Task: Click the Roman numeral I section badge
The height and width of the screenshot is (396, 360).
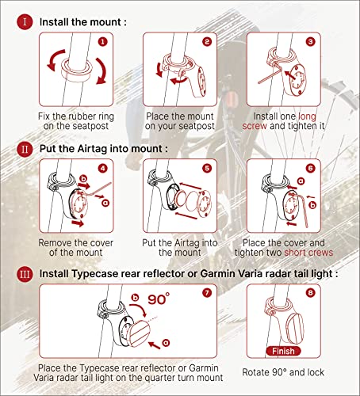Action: (25, 22)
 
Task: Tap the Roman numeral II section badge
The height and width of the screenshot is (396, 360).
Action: (25, 149)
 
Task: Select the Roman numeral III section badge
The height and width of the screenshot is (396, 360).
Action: (25, 274)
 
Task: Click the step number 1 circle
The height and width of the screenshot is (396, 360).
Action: (102, 42)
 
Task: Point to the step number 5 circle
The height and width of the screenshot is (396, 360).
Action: (207, 168)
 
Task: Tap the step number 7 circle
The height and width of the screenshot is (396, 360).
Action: (207, 293)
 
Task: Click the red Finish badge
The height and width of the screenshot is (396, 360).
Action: (283, 351)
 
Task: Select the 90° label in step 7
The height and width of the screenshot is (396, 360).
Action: (159, 299)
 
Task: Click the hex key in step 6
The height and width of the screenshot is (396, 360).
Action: (301, 208)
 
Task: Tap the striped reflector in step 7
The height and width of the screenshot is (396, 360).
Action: (139, 333)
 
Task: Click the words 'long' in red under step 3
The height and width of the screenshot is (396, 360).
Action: (307, 116)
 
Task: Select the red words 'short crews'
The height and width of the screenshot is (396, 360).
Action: (308, 253)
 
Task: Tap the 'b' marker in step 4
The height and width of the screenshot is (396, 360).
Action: (83, 179)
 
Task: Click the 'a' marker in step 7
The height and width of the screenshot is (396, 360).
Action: (166, 342)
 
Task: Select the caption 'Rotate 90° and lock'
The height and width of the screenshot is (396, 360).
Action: (283, 372)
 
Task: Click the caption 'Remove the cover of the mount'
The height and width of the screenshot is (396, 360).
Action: (76, 248)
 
